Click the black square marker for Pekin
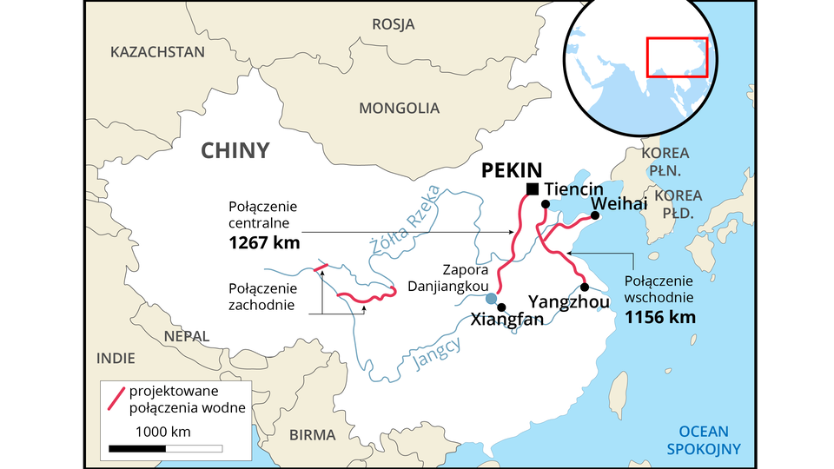533,189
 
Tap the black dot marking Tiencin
545,205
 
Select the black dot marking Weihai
596,217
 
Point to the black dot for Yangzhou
585,287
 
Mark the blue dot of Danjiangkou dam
491,299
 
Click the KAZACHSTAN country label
157,52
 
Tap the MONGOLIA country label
399,109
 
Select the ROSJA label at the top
393,24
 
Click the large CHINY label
235,150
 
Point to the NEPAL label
187,336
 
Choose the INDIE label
116,358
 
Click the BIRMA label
312,434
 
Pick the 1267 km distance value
264,243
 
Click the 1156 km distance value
660,317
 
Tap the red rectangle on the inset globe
678,57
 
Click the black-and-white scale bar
165,449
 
